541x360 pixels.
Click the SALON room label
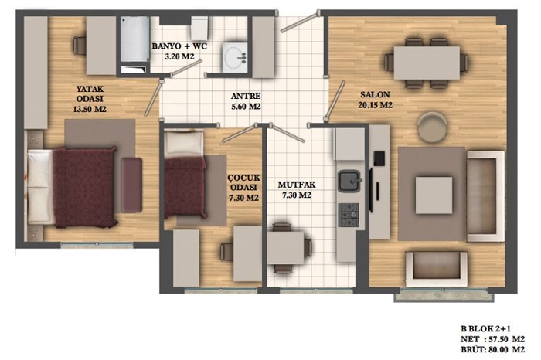pos(375,94)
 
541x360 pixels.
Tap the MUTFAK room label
pos(297,185)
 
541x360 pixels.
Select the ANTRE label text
pos(246,97)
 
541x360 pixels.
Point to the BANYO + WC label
pos(179,46)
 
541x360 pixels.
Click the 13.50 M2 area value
pos(90,109)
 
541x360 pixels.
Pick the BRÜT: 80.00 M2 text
pos(493,350)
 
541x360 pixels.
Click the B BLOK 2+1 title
pos(485,329)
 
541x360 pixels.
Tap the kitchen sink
pos(349,181)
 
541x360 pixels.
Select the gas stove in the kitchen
pos(349,215)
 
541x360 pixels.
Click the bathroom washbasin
pos(235,57)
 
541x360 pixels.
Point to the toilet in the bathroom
pos(199,29)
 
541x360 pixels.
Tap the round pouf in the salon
pos(432,127)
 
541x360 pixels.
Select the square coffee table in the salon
pos(434,195)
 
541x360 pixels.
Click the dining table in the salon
pos(427,63)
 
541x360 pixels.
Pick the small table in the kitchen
pos(286,248)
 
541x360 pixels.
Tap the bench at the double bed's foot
pos(131,185)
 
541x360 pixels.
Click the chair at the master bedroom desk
pos(80,45)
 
